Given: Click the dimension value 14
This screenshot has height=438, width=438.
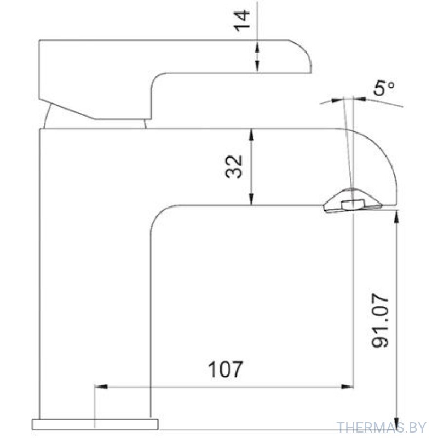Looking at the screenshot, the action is [242, 21].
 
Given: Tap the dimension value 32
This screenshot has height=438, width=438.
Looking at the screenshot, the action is [234, 167].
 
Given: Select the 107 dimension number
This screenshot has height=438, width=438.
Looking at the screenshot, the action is [226, 369].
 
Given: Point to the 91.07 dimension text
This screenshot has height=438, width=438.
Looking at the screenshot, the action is [380, 320].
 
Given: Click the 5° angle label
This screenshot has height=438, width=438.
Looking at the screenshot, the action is [384, 88].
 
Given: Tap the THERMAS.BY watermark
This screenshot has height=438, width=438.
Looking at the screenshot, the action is [381, 428].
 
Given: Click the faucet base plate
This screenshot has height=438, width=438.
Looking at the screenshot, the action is [95, 424].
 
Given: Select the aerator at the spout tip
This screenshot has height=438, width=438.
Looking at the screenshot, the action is [353, 200].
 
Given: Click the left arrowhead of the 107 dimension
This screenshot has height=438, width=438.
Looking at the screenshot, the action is [101, 387].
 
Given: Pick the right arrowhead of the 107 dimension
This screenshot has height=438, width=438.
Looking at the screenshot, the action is [348, 387].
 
